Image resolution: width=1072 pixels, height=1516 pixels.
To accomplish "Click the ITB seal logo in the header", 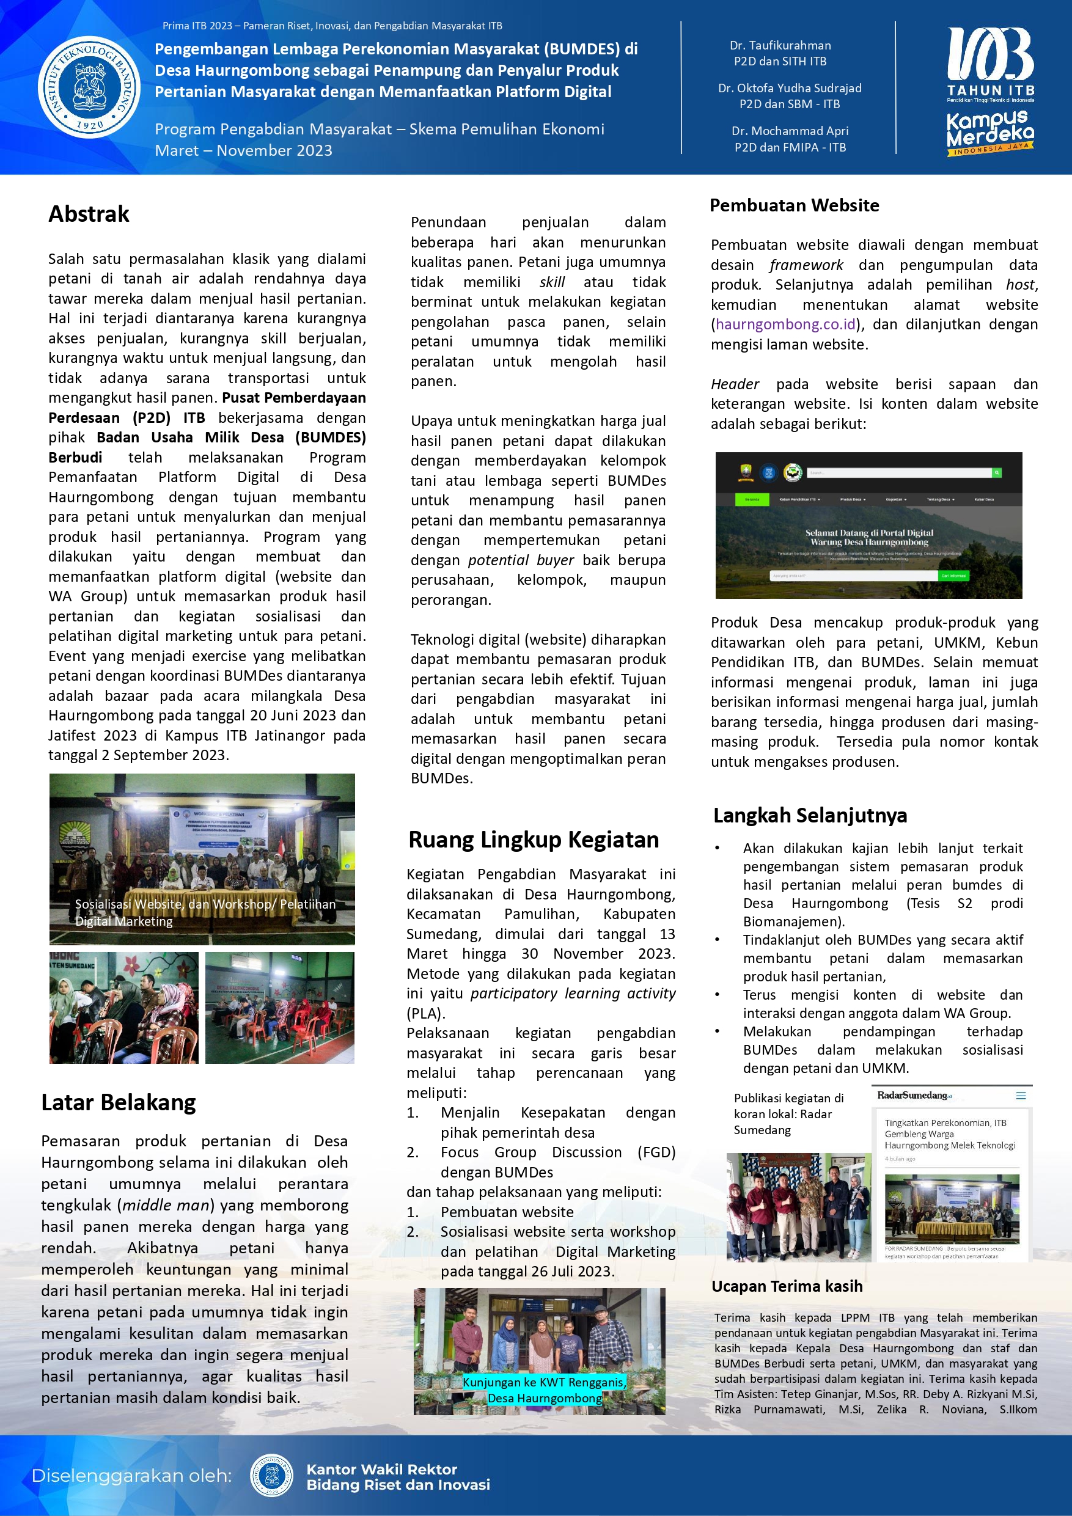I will (89, 87).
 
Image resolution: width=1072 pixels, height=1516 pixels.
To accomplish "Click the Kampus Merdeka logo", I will (989, 133).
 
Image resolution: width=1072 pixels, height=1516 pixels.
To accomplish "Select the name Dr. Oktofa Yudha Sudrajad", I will (789, 89).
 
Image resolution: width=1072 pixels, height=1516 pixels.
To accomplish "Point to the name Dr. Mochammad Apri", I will (789, 131).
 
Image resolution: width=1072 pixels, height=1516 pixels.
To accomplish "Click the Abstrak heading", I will (89, 214).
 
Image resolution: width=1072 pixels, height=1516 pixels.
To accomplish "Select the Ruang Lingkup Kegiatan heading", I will (534, 840).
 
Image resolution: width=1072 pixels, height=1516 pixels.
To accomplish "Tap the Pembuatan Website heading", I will (794, 205).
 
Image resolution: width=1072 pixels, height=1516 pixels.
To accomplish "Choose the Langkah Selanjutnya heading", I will (810, 816).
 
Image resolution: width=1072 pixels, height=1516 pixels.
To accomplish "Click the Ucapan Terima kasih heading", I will (787, 1286).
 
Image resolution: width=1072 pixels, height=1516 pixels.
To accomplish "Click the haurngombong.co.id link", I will (785, 324).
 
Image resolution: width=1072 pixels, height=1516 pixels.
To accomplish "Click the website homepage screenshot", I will (868, 525).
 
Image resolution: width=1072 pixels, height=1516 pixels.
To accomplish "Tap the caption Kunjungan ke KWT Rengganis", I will (545, 1382).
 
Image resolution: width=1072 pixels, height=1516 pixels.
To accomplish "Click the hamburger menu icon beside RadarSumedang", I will (1021, 1096).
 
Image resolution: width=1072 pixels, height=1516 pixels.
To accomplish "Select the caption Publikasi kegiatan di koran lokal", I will (788, 1114).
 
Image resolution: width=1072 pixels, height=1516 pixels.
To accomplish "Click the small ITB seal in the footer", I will (271, 1475).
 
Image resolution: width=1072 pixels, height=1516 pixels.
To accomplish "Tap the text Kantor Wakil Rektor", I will (381, 1469).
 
